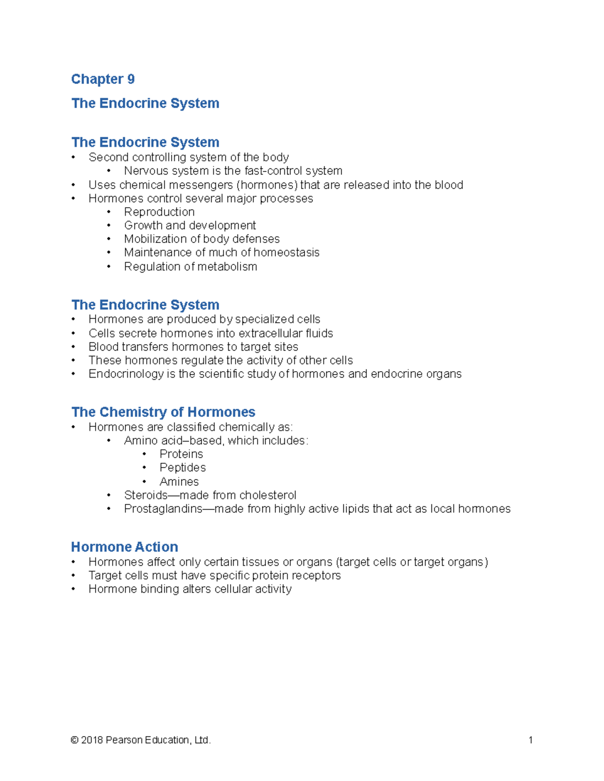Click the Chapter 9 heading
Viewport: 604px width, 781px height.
[103, 79]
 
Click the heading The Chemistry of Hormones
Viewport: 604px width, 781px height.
[163, 412]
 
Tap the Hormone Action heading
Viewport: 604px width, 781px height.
[124, 547]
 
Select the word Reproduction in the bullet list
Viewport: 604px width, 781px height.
[159, 212]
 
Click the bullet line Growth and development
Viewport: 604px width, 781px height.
[190, 225]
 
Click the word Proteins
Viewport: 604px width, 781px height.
[181, 454]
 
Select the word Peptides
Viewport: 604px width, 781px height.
[183, 467]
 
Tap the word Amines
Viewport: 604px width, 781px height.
[179, 481]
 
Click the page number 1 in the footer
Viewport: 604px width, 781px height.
[531, 740]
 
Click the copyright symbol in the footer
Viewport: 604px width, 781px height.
[74, 740]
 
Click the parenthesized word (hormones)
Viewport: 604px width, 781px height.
[266, 185]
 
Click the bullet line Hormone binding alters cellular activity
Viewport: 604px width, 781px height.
[190, 589]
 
